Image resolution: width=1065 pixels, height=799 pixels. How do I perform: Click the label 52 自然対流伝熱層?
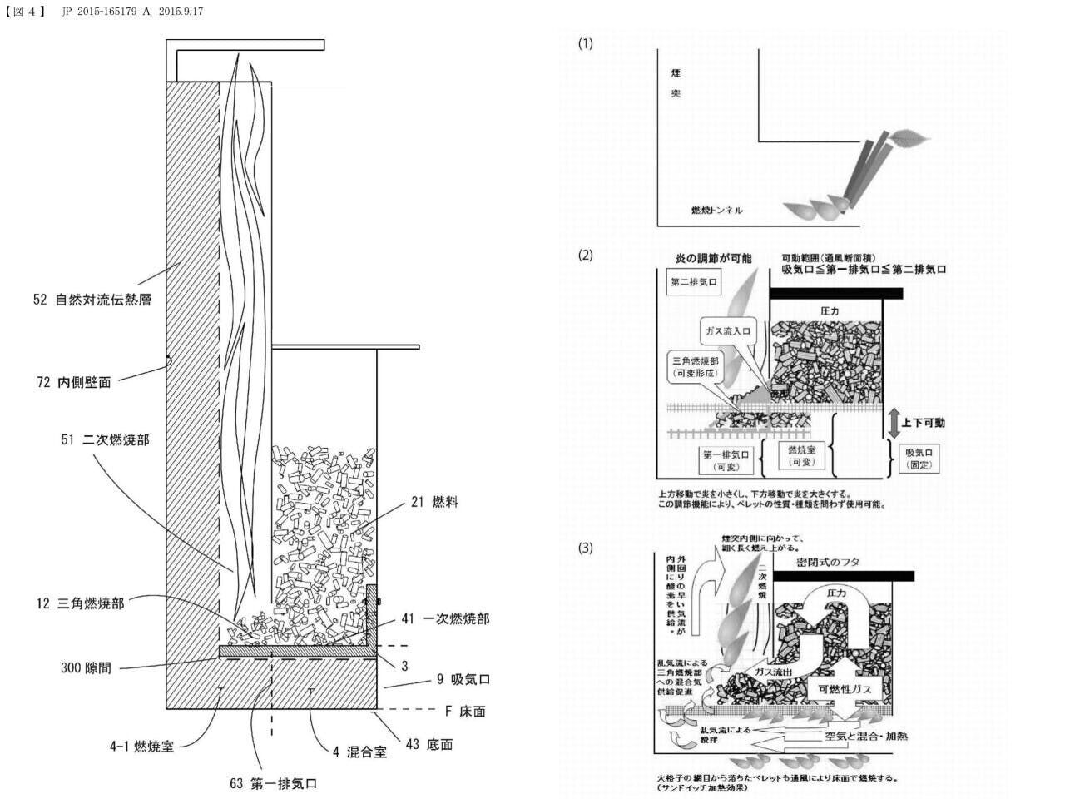(x=92, y=300)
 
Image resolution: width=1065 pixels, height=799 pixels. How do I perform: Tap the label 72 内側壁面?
(x=73, y=382)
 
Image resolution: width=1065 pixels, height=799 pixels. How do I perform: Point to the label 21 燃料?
(x=434, y=502)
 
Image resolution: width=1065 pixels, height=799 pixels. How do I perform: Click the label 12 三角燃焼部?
(x=79, y=603)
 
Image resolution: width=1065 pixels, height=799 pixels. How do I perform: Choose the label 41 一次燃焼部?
(x=445, y=618)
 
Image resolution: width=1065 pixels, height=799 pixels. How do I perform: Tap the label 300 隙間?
(x=86, y=667)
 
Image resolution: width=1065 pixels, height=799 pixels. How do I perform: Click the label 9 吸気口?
(x=463, y=679)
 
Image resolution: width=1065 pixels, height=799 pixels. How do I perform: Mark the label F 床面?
(x=465, y=712)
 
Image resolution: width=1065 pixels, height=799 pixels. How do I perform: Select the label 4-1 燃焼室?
(x=141, y=746)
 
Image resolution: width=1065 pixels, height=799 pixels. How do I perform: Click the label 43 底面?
(x=429, y=744)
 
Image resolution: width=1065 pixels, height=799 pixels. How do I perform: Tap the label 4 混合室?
(x=359, y=752)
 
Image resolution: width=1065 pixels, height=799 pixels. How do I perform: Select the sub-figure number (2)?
(x=586, y=255)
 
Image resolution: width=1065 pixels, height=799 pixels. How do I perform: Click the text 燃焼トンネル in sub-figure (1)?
(x=716, y=210)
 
